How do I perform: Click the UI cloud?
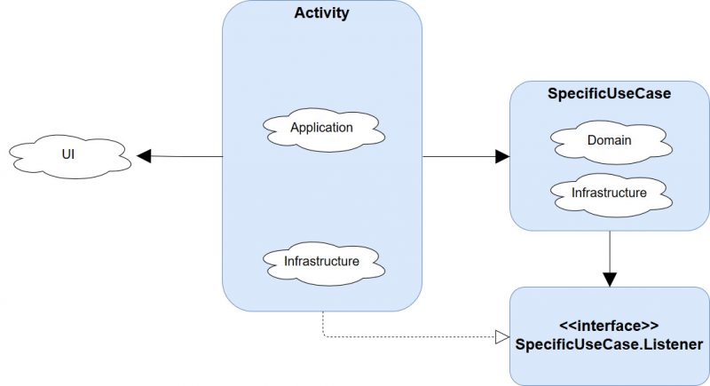click(x=70, y=156)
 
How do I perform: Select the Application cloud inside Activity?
click(x=324, y=130)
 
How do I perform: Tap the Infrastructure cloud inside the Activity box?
click(x=324, y=264)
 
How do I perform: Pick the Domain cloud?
click(x=611, y=142)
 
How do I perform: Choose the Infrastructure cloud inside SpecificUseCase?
click(x=611, y=194)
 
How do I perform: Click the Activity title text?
click(x=321, y=12)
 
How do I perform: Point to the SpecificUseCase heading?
click(x=609, y=94)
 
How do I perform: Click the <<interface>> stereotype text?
click(x=609, y=326)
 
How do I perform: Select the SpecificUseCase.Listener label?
click(x=609, y=344)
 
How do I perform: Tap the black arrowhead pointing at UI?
click(x=144, y=156)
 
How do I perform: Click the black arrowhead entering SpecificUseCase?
click(x=502, y=156)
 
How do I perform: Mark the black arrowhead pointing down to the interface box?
click(x=610, y=280)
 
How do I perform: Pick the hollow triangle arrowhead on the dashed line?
click(x=502, y=337)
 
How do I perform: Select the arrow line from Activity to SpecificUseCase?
click(x=459, y=156)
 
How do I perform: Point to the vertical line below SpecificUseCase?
click(x=610, y=252)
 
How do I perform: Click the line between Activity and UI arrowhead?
click(x=186, y=156)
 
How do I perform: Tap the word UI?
click(x=68, y=154)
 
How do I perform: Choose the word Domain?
click(x=609, y=140)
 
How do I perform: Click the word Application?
click(x=321, y=128)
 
